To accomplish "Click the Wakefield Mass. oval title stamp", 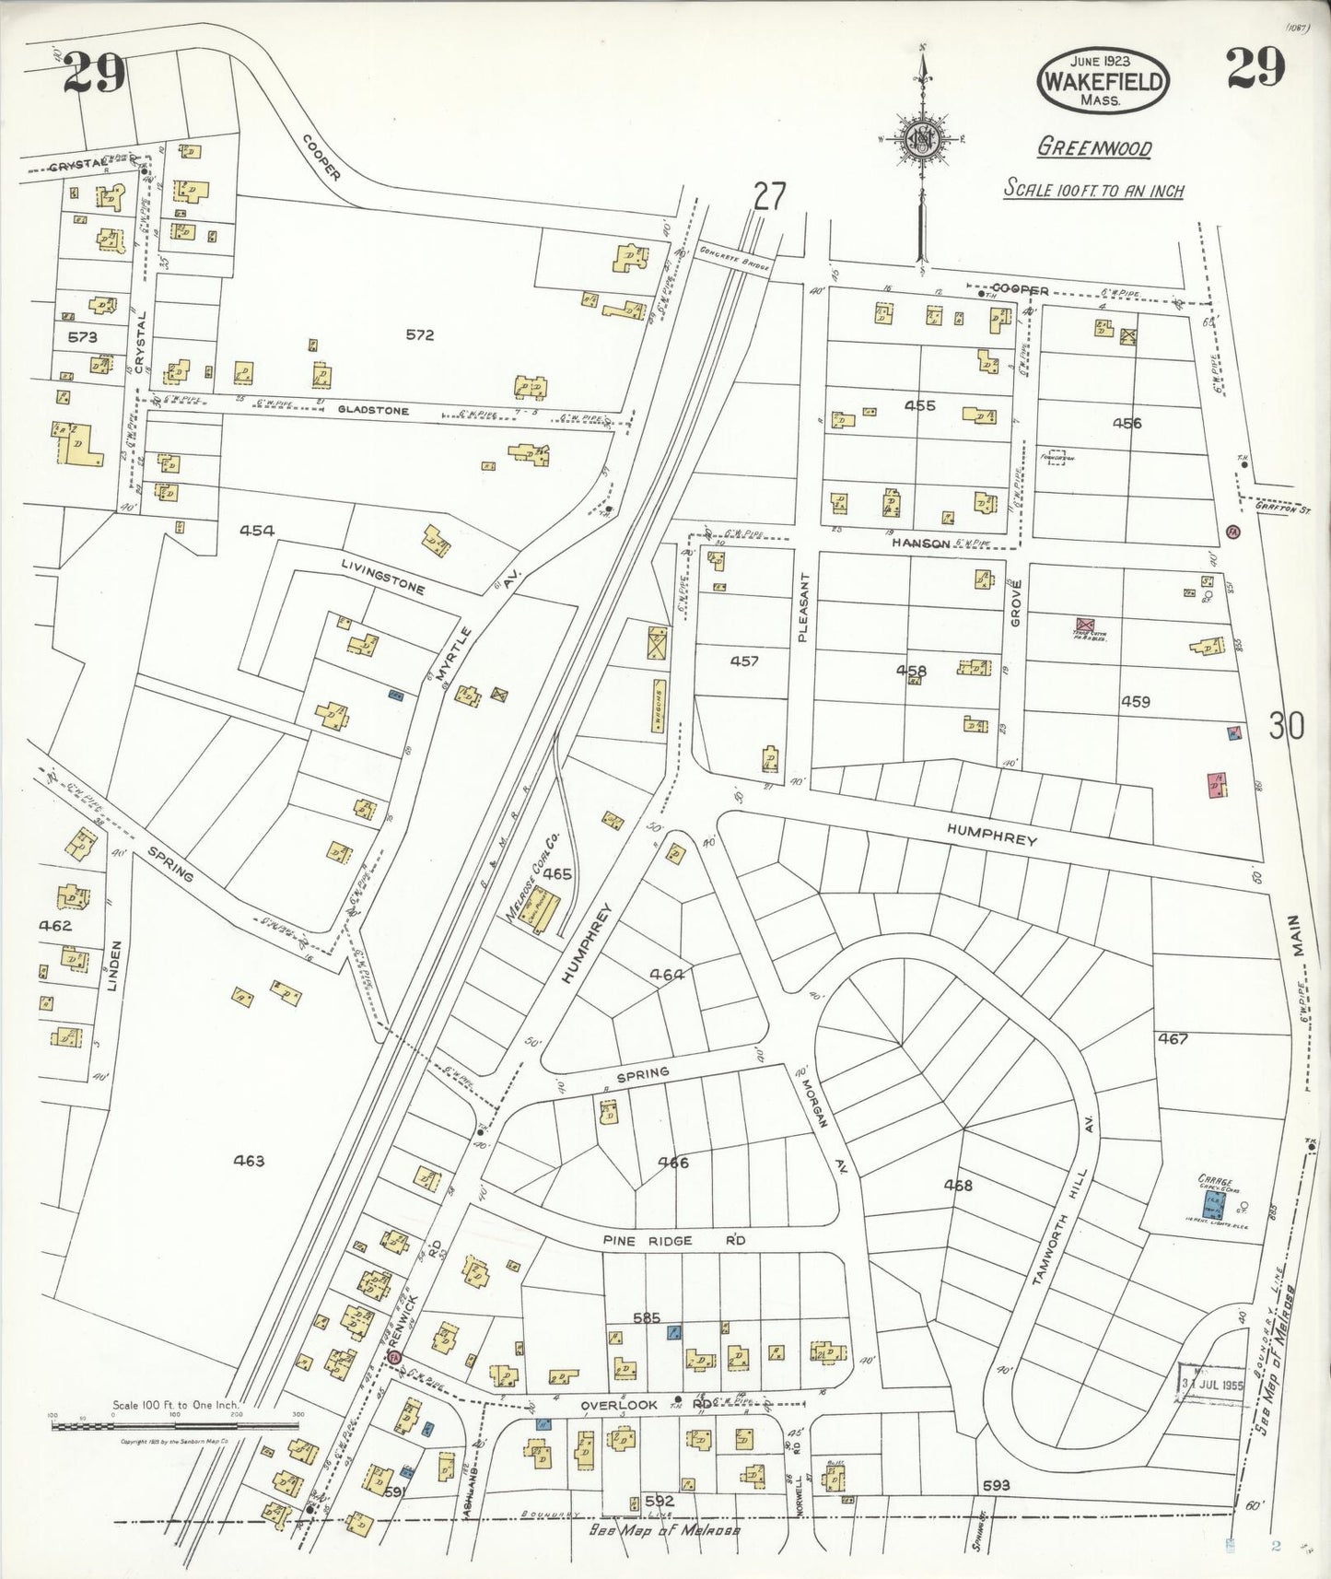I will tap(1103, 80).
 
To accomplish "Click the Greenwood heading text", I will tap(1094, 147).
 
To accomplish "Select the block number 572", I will tap(419, 335).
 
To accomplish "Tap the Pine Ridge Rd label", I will tap(674, 1241).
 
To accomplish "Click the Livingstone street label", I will tap(382, 577).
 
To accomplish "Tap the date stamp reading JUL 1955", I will tap(1212, 1385).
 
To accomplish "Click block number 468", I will tap(958, 1186).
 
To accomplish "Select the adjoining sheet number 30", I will tap(1286, 727).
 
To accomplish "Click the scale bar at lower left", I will tap(175, 1426).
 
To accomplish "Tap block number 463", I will tap(249, 1161).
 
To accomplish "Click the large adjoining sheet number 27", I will tap(769, 196).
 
